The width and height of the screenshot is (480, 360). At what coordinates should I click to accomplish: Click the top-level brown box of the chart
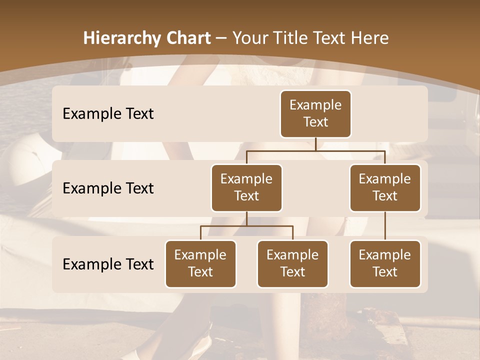(315, 114)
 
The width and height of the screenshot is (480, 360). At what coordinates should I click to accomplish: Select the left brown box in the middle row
(246, 188)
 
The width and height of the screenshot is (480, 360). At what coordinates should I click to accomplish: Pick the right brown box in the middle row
(385, 188)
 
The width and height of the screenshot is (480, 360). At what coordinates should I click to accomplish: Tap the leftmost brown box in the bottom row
(200, 264)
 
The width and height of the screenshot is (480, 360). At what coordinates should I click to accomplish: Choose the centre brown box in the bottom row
(292, 264)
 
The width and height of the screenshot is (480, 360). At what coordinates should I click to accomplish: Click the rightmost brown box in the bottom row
(385, 264)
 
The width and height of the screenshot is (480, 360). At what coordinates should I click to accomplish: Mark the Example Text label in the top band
(108, 114)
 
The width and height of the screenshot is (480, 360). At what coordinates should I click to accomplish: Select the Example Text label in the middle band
(108, 188)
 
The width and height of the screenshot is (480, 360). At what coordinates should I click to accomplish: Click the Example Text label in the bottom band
(108, 264)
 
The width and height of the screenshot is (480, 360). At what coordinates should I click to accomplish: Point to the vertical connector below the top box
(315, 144)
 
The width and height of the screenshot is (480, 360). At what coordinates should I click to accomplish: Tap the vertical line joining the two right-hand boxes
(385, 226)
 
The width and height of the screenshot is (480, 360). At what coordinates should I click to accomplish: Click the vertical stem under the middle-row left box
(246, 219)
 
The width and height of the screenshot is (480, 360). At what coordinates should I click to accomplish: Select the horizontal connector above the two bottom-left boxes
(225, 226)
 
